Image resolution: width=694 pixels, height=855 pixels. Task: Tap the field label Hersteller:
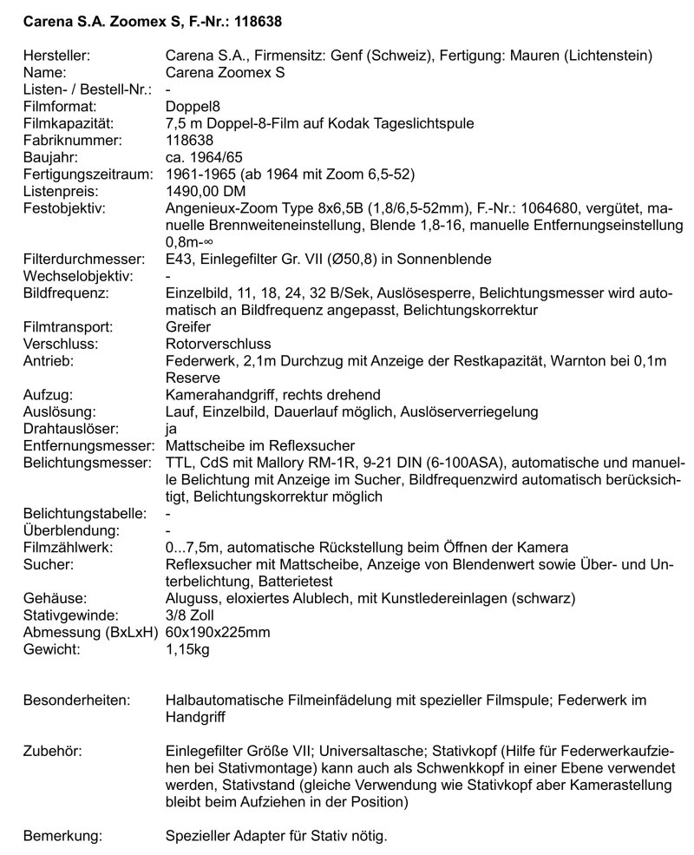click(x=57, y=56)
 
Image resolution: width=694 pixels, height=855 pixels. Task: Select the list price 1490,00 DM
click(x=206, y=190)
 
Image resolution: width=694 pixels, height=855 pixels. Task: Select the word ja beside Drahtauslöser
click(x=171, y=427)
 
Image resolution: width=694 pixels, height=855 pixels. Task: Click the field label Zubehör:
click(x=55, y=750)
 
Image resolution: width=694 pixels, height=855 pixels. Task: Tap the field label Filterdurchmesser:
click(x=83, y=258)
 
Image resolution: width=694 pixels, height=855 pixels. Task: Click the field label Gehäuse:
click(x=55, y=597)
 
